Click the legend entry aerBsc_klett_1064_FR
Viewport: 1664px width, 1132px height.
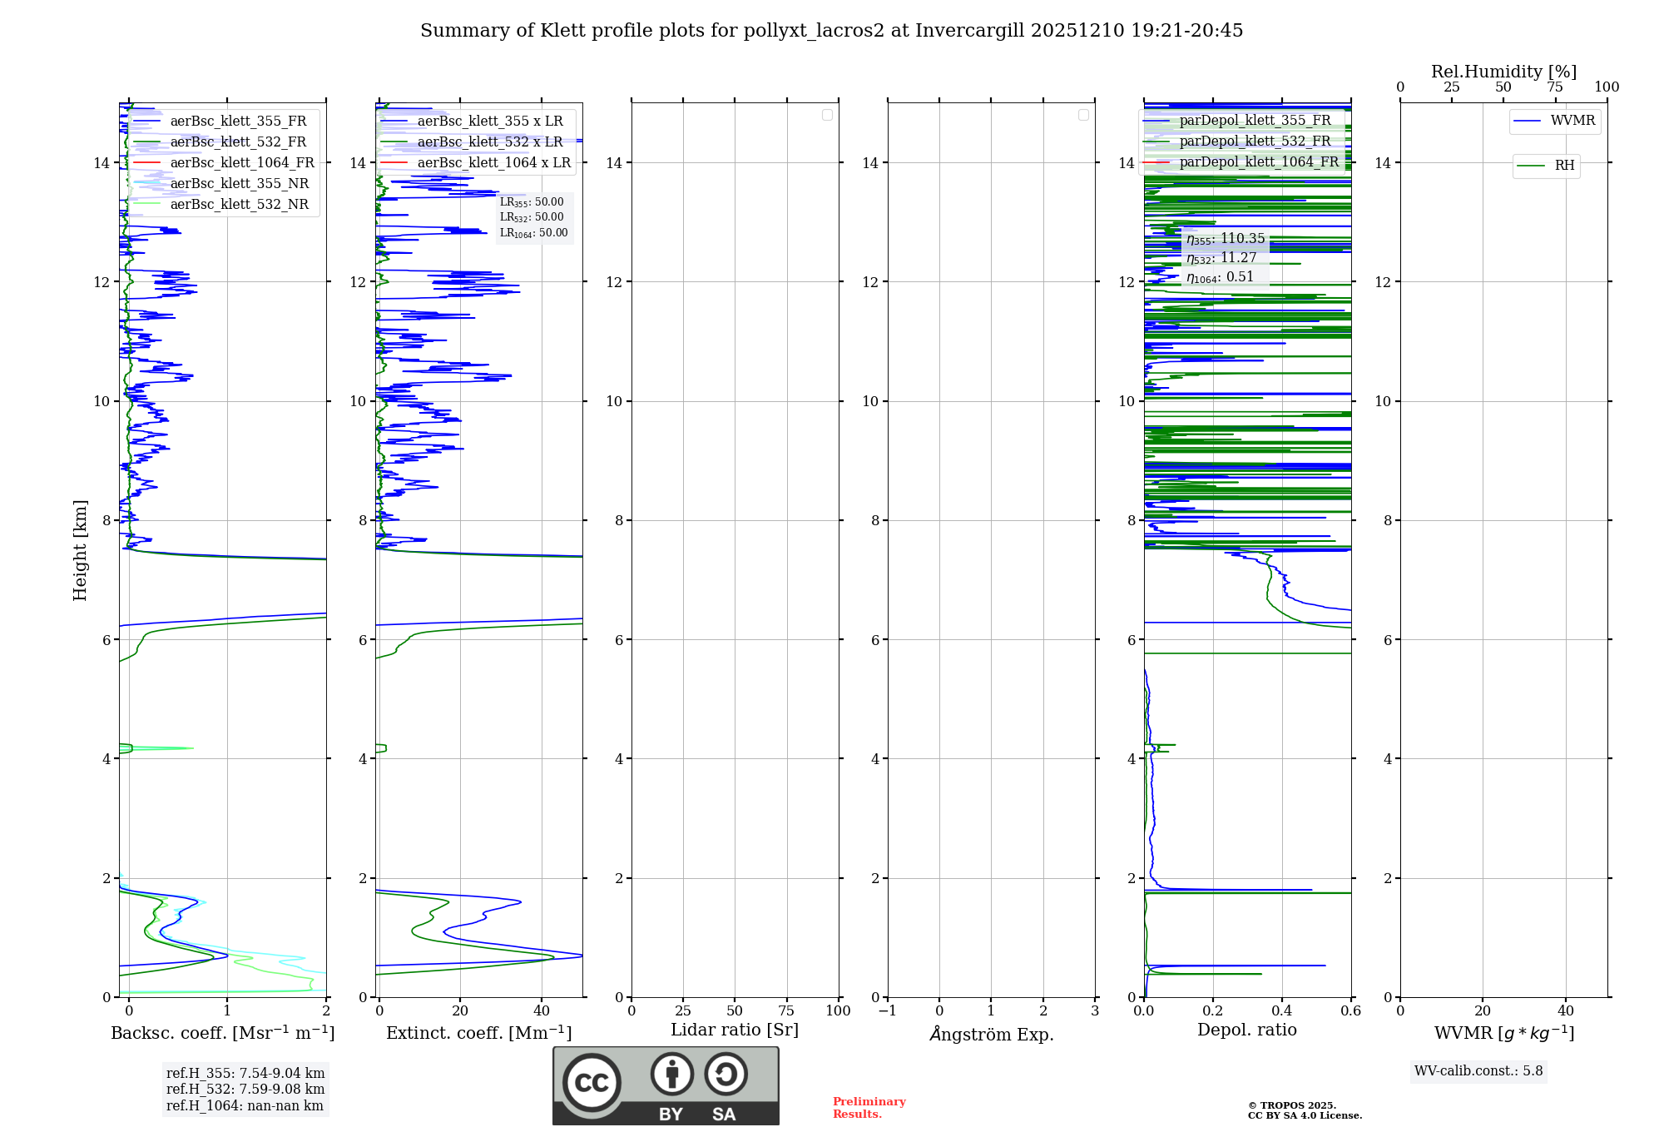pos(242,163)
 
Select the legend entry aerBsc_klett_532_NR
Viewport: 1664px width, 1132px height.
pos(239,205)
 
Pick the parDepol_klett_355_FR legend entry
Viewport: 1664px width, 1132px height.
pos(1255,121)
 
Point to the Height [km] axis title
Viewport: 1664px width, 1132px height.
pos(80,550)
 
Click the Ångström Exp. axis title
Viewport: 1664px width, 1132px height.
pos(991,1034)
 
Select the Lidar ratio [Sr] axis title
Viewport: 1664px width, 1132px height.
pos(735,1030)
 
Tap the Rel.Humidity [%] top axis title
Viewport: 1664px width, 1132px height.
pos(1503,72)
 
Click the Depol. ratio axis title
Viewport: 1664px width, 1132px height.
pos(1246,1030)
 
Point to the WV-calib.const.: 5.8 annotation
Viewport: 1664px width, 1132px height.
pos(1478,1071)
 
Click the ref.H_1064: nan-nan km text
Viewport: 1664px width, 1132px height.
pos(245,1106)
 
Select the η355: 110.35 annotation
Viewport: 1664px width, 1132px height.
pos(1226,239)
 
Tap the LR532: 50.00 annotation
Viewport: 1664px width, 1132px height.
pos(532,217)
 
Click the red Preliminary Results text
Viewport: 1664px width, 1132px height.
pos(869,1108)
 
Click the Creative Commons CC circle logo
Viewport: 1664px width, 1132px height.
pos(592,1082)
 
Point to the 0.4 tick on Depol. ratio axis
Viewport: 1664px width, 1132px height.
pos(1282,1011)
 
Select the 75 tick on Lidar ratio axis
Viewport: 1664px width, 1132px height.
pos(786,1011)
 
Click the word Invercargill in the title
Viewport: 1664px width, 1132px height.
pos(969,31)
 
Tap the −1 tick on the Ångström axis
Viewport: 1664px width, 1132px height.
pos(888,1011)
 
